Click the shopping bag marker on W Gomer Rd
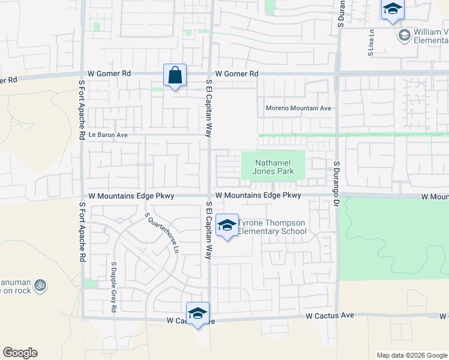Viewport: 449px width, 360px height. [175, 76]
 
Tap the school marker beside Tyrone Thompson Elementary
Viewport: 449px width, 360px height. [227, 226]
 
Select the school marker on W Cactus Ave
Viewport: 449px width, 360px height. [197, 313]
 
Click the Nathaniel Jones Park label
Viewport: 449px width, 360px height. [273, 167]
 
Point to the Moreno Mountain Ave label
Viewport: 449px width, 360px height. [299, 109]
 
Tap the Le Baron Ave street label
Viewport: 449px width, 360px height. [108, 135]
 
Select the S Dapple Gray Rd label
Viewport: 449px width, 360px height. [113, 287]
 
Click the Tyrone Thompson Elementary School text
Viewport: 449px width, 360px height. [272, 227]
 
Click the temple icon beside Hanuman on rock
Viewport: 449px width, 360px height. [40, 285]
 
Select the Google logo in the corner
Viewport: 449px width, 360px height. [20, 353]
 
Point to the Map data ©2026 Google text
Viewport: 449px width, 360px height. [411, 355]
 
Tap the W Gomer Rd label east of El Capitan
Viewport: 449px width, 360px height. [237, 74]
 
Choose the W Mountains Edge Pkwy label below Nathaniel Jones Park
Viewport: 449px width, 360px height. [258, 196]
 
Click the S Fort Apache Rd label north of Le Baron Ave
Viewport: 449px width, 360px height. [80, 111]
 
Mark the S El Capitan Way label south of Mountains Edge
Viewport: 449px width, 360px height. [209, 230]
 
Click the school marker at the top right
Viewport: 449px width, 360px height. [393, 10]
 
